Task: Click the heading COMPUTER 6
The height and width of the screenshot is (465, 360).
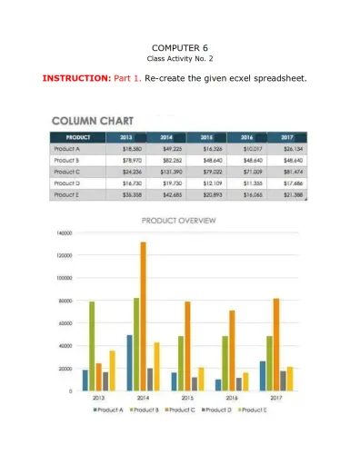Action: pyautogui.click(x=180, y=46)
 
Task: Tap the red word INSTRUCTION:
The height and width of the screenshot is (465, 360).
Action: pyautogui.click(x=76, y=78)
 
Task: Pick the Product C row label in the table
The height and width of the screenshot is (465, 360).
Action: pyautogui.click(x=67, y=171)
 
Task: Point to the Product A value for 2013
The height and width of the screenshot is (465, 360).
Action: pyautogui.click(x=131, y=148)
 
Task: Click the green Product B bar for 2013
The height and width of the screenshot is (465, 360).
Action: pyautogui.click(x=92, y=346)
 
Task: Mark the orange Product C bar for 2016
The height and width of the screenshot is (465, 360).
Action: pyautogui.click(x=233, y=351)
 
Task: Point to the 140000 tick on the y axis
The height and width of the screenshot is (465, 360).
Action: pyautogui.click(x=63, y=233)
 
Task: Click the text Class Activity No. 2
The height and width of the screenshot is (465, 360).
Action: pyautogui.click(x=180, y=59)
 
